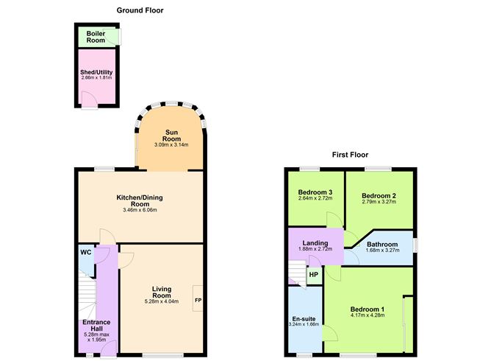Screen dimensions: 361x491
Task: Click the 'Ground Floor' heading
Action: (140, 10)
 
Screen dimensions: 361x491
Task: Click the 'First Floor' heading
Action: (350, 155)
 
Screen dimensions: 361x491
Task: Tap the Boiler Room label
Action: (96, 37)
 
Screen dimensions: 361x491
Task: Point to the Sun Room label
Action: (171, 136)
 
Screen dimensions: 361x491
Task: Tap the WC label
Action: (85, 252)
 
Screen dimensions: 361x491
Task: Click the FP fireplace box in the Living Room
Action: (198, 301)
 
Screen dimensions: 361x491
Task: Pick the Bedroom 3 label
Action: (315, 192)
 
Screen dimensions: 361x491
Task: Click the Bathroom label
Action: (382, 245)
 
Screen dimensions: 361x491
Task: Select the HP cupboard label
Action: (314, 275)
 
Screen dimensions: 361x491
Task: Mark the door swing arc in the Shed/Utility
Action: (90, 99)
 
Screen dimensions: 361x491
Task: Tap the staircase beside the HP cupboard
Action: (297, 276)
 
